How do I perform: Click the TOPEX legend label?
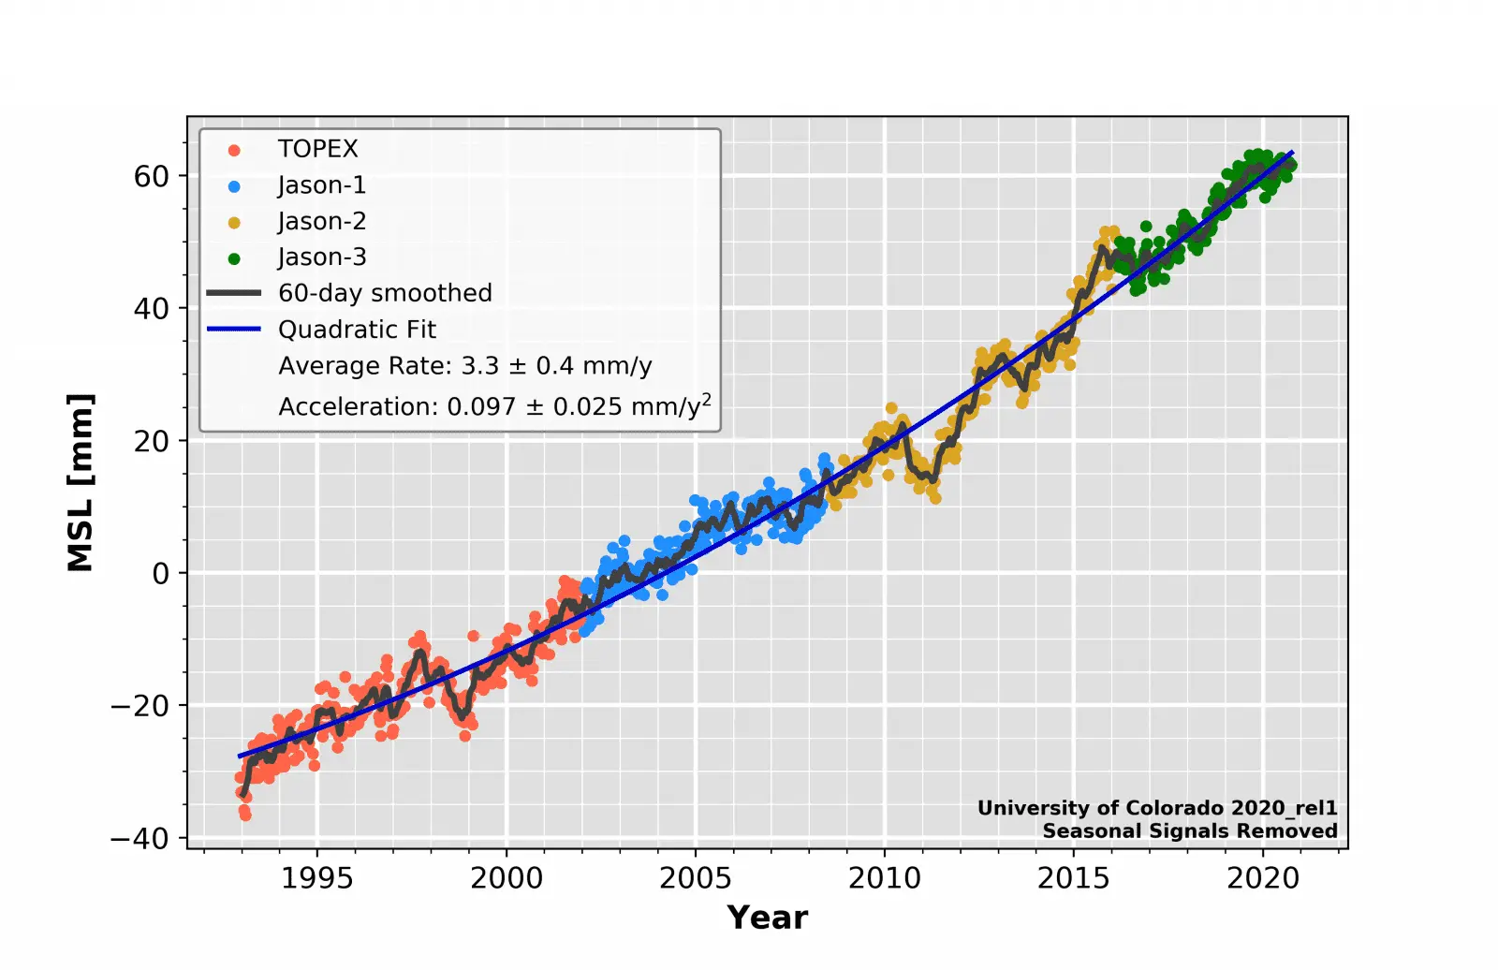[317, 149]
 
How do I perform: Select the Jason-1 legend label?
[321, 185]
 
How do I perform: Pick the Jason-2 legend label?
[321, 221]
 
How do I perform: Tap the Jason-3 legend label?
[321, 257]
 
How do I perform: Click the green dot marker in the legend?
[234, 258]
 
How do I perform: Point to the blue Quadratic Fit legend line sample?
[234, 330]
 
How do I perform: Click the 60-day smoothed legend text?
[385, 293]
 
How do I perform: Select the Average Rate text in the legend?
[464, 366]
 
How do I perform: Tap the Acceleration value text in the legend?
[494, 405]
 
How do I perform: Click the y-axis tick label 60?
[151, 176]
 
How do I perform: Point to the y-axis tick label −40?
[140, 838]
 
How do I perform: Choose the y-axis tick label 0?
[161, 573]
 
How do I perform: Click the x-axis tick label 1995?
[317, 878]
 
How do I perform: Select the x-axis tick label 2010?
[884, 878]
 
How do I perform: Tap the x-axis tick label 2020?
[1262, 878]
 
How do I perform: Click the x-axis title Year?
[767, 918]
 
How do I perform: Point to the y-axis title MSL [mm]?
[81, 482]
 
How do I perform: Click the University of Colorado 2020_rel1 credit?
[1156, 808]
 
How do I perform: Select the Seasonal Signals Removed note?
[1189, 830]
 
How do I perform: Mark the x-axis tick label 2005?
[695, 878]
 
